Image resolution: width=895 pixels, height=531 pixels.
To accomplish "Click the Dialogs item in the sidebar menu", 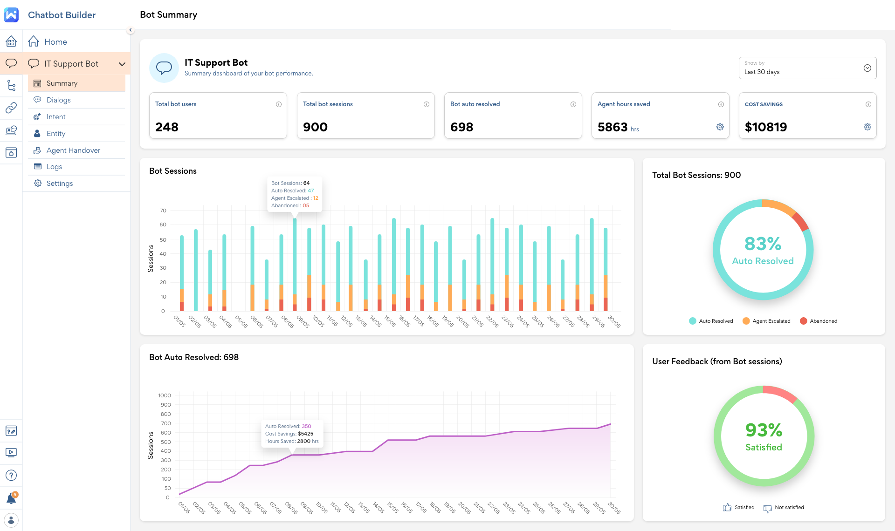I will (x=58, y=100).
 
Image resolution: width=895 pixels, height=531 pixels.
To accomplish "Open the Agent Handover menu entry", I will (x=73, y=150).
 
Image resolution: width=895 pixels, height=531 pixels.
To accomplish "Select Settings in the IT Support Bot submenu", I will (x=60, y=184).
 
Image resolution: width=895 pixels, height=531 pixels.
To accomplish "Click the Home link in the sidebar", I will (x=55, y=42).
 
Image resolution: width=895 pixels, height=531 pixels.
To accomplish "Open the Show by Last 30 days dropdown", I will (x=807, y=68).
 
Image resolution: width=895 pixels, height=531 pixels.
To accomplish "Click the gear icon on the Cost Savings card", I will (x=867, y=127).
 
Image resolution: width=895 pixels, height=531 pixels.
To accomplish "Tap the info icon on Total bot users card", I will (x=279, y=104).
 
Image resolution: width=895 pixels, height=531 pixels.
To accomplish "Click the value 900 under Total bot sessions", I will (x=315, y=127).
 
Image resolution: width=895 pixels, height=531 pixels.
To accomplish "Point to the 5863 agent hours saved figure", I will (x=613, y=127).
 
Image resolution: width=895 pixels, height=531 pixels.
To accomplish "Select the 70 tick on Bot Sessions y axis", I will (x=163, y=211).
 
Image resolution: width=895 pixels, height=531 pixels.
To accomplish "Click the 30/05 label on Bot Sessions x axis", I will (x=614, y=321).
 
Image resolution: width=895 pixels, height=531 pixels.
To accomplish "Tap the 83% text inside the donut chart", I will (x=763, y=244).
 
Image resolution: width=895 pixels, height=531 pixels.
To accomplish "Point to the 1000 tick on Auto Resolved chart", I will (x=165, y=395).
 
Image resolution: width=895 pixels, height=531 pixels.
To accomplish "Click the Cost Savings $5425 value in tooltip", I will (x=305, y=434).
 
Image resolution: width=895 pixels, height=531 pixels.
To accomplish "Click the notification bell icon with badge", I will (x=11, y=499).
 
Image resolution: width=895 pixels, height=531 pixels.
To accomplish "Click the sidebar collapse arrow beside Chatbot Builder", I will (x=131, y=30).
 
